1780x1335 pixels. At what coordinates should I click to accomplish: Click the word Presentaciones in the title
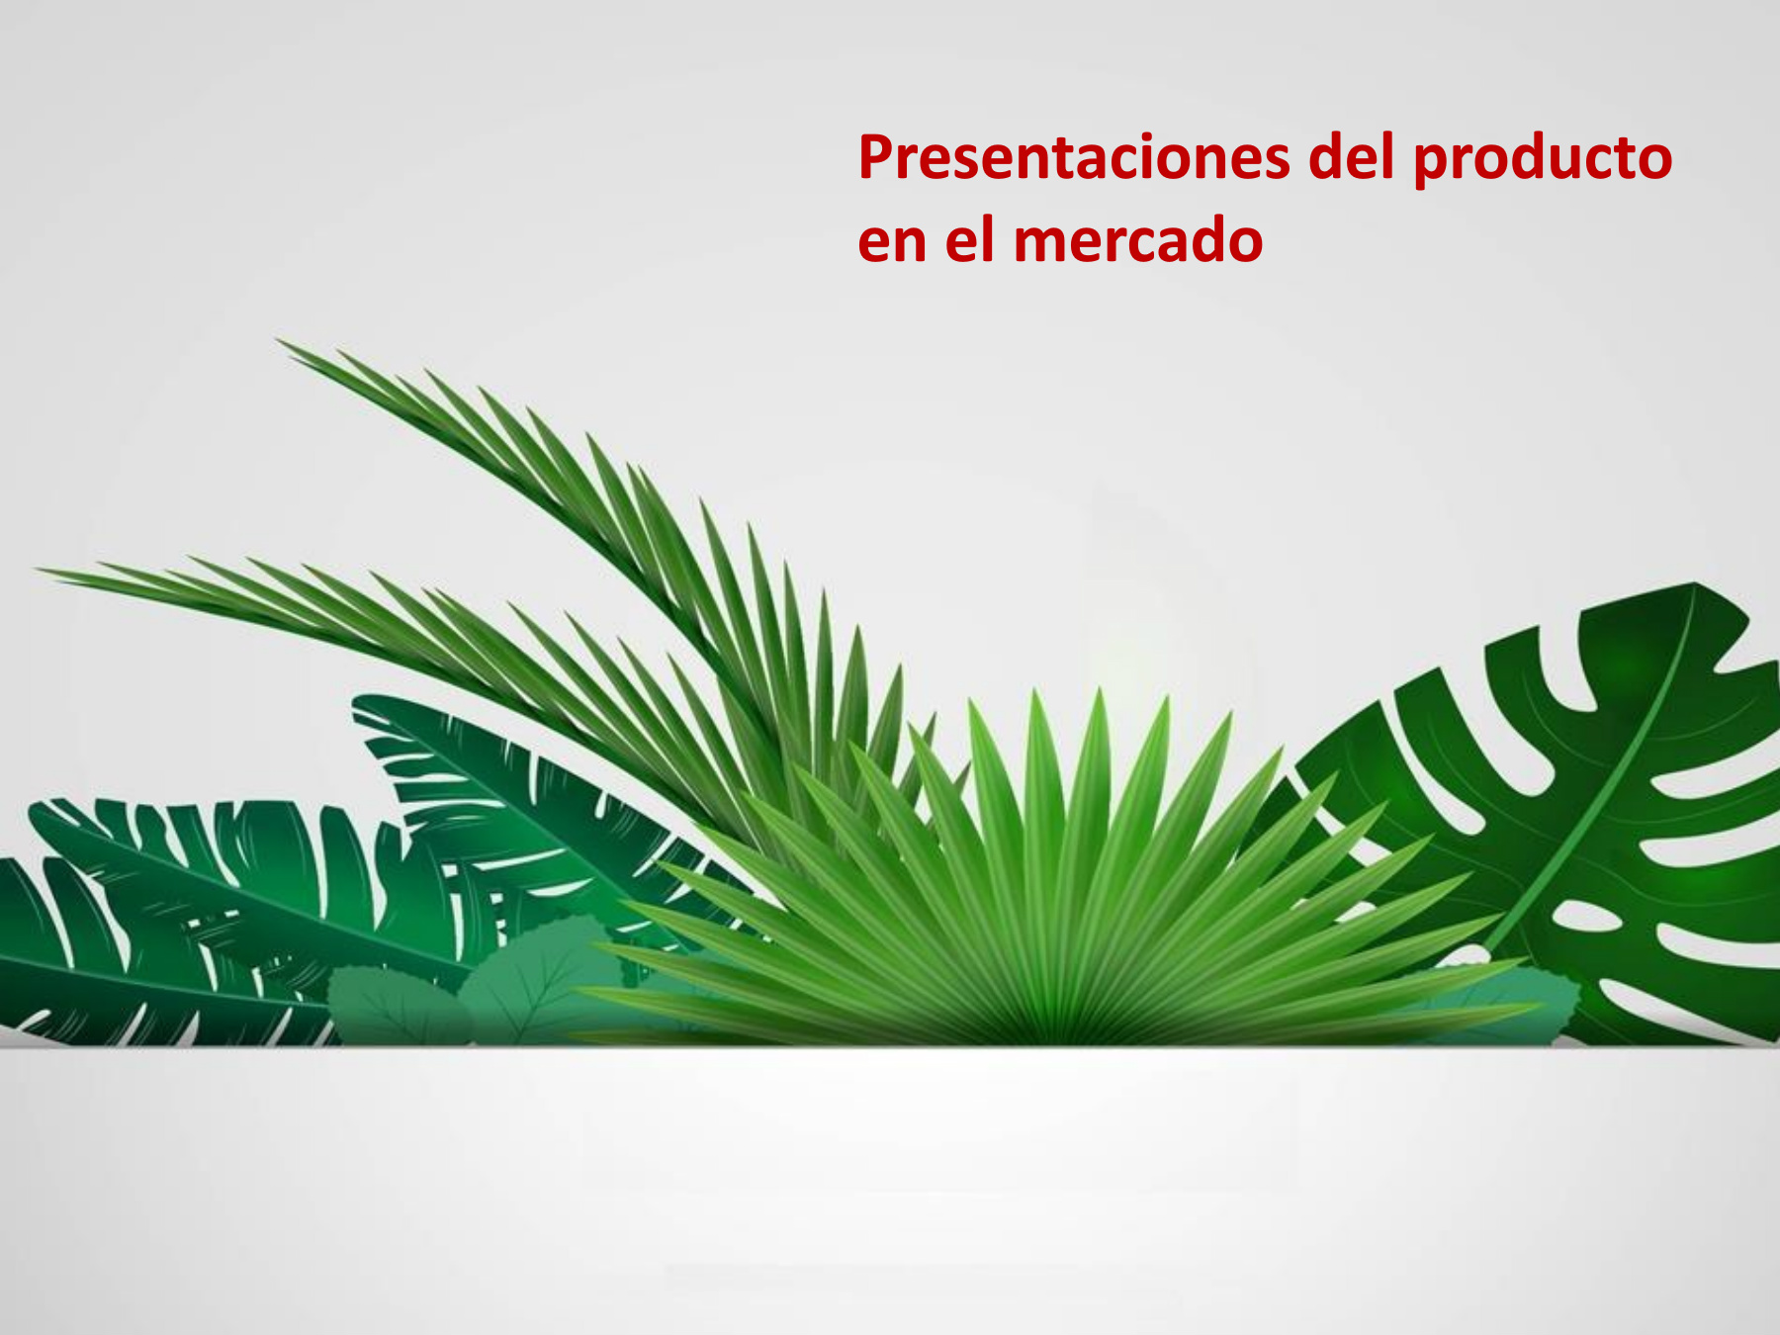coord(1074,157)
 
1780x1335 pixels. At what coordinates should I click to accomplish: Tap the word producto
coord(1543,159)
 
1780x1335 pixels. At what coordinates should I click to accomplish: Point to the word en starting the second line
coord(892,242)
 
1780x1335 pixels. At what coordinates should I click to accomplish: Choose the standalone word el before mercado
coord(969,239)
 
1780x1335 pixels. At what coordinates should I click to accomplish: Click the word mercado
coord(1138,239)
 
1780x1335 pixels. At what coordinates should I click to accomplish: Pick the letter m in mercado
coord(1041,242)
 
